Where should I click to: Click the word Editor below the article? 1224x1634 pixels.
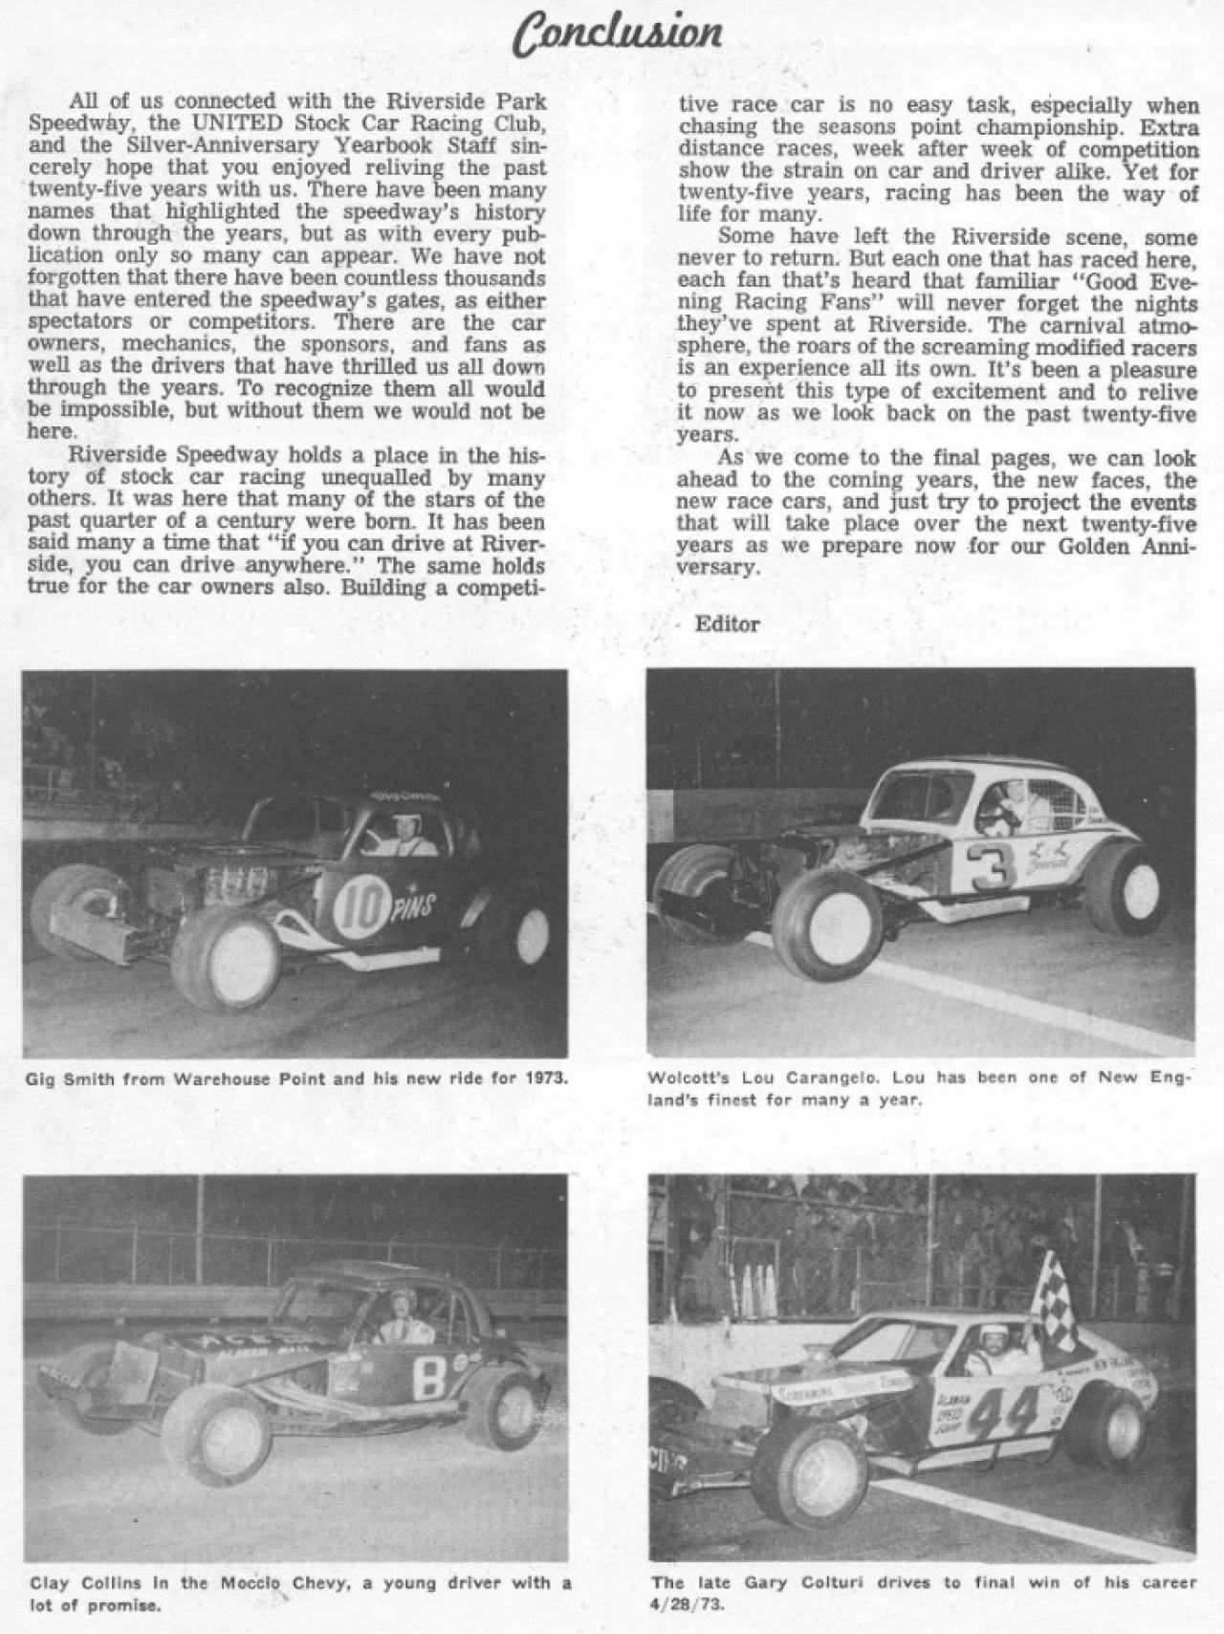click(727, 624)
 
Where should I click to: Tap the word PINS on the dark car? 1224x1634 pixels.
click(412, 905)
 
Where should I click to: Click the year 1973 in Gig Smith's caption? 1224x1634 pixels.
click(549, 1079)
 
